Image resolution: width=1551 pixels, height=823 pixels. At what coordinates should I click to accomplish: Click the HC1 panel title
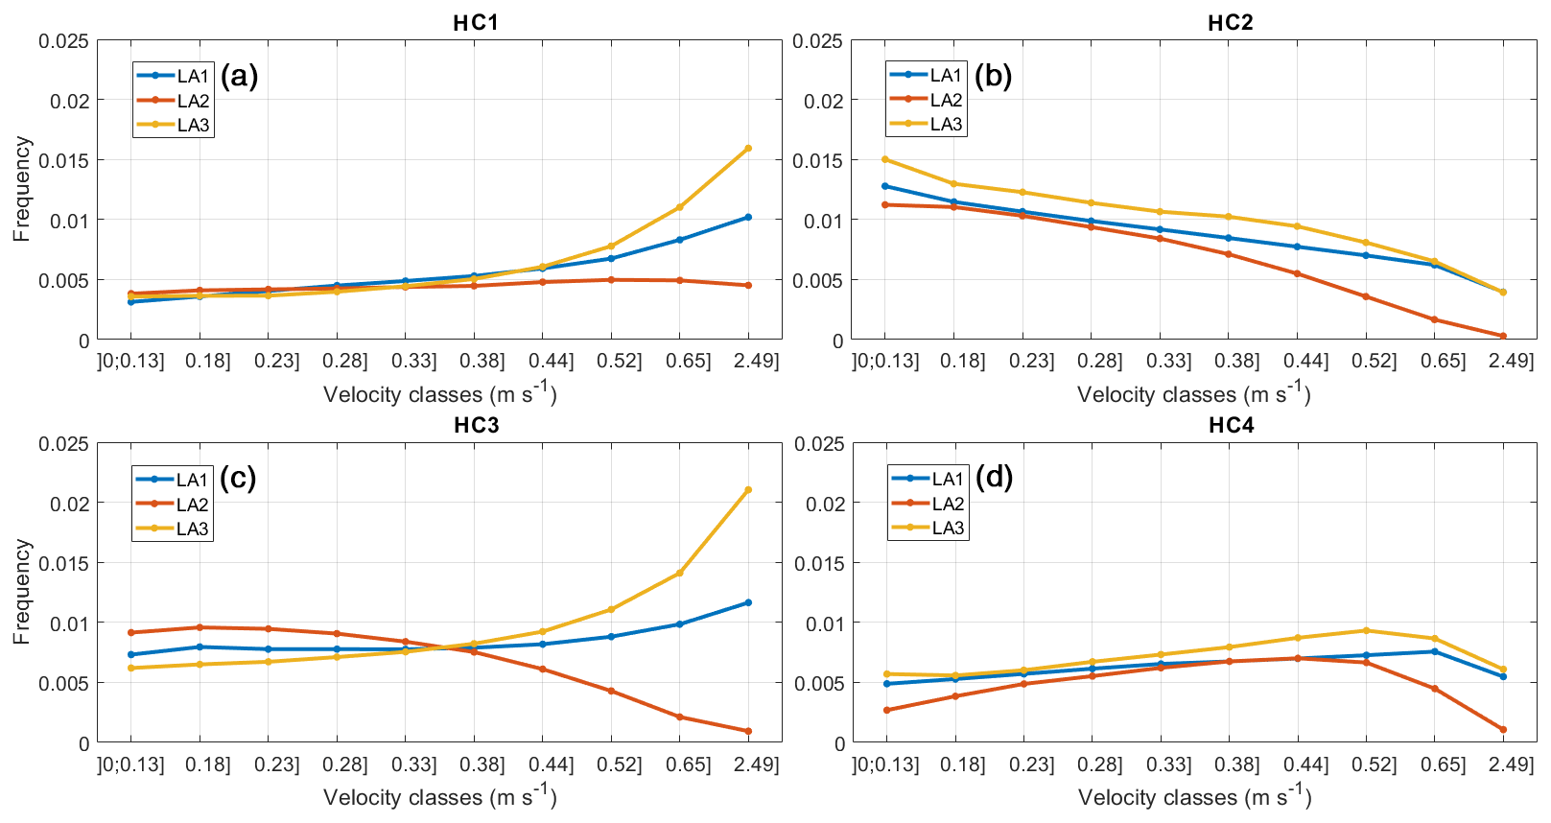476,22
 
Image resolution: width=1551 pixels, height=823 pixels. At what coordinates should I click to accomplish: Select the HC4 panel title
1231,425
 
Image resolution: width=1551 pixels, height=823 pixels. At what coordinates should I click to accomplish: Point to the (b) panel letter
993,76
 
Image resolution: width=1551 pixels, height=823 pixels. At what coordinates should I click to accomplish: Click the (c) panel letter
238,478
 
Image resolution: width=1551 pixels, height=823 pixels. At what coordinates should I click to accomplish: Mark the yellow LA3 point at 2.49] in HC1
748,149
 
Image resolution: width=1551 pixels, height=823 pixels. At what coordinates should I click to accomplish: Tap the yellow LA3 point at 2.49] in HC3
748,490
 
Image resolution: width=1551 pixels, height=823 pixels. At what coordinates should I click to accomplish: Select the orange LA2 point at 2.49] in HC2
1503,337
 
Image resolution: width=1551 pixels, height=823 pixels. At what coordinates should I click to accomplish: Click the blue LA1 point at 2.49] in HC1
748,217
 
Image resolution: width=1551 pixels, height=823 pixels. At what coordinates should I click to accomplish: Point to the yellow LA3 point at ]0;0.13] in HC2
885,159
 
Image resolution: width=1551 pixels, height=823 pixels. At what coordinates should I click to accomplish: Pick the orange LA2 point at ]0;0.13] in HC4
886,711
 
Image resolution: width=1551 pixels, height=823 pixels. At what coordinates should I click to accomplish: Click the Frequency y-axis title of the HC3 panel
22,592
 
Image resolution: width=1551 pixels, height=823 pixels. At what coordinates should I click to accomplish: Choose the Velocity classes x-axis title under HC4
1194,796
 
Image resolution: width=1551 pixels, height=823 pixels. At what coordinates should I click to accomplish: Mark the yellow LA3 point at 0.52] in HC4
1366,630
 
